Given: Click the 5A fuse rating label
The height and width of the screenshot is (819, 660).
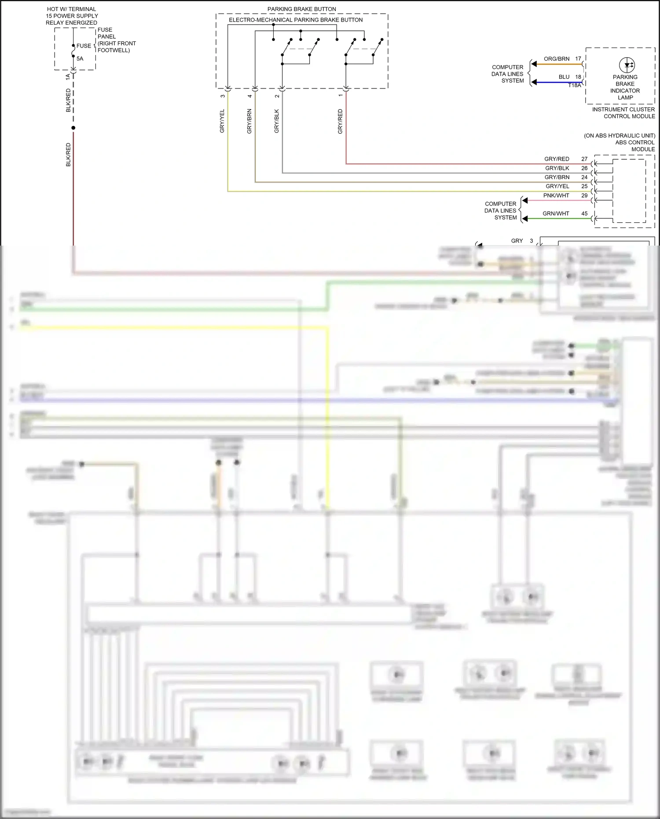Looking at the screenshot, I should [x=80, y=59].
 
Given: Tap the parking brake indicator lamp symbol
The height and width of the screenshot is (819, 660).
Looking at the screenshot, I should [x=627, y=65].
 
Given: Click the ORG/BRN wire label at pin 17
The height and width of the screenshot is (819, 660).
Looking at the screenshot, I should [x=556, y=59].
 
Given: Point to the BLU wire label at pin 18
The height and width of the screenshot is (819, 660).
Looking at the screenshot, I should [x=564, y=77].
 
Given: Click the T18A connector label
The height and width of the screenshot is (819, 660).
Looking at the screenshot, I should [x=574, y=85].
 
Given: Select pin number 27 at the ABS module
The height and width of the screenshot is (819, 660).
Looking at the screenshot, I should [x=584, y=159].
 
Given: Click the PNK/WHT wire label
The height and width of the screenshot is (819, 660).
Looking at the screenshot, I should [x=556, y=195].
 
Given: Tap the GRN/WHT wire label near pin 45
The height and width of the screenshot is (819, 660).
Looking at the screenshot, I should [x=555, y=213].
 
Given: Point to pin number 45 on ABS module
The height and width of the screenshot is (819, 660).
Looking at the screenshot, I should [x=584, y=213].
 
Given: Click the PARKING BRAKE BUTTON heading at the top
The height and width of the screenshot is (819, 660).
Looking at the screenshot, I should [x=301, y=9].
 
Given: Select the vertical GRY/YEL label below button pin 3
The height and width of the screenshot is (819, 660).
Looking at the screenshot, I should [x=222, y=121].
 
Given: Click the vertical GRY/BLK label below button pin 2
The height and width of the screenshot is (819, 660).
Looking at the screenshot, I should [x=276, y=121].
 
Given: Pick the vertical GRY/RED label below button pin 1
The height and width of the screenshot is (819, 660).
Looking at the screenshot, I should [x=340, y=121].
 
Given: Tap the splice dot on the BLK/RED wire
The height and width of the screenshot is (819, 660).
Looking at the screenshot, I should [x=73, y=128].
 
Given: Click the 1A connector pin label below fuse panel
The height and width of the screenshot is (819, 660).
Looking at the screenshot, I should [x=68, y=77].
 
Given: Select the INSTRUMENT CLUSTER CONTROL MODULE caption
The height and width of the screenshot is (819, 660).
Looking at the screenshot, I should [x=623, y=113].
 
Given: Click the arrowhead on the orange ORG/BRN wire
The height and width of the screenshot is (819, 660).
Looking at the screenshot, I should [x=534, y=64].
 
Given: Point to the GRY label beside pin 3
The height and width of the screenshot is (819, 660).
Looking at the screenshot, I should [x=517, y=241].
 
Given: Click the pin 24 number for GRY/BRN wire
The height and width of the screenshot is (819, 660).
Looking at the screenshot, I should [x=584, y=177].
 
